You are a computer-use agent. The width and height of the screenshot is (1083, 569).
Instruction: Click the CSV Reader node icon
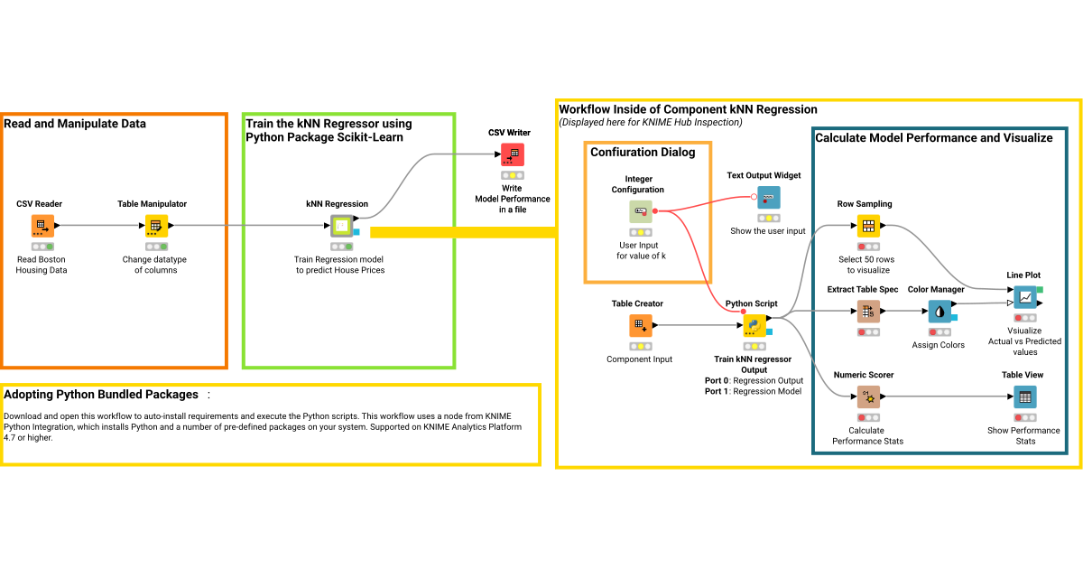[42, 226]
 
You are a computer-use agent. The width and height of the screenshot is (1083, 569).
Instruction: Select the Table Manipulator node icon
[157, 226]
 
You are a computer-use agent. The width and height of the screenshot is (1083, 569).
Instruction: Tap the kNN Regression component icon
[341, 226]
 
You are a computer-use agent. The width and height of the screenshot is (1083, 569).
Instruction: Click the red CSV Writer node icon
[513, 154]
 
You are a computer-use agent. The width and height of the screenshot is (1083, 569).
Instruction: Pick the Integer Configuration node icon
[640, 211]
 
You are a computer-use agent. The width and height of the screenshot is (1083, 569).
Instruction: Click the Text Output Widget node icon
[769, 198]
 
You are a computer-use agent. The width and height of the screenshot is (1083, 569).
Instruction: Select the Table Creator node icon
[640, 325]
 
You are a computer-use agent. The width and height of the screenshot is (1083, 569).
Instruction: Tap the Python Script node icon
[754, 325]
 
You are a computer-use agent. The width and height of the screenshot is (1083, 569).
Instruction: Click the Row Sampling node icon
[868, 226]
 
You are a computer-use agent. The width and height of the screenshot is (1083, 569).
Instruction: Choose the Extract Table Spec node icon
[868, 312]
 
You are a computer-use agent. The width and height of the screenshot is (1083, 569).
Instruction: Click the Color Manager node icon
[940, 312]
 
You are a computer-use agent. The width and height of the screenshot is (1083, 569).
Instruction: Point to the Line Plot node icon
[1025, 297]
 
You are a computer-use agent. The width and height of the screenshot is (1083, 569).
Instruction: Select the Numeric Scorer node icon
[868, 397]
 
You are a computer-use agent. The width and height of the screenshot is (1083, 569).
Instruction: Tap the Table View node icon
[1025, 397]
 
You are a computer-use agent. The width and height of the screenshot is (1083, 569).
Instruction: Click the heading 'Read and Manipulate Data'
[75, 124]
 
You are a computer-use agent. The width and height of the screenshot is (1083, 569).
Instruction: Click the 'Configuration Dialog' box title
[643, 152]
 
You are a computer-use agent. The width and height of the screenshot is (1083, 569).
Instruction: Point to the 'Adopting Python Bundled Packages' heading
[101, 395]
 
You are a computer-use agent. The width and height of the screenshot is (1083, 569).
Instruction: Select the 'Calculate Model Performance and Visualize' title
[934, 138]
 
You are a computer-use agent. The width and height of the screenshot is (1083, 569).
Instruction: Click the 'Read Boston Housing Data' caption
[42, 265]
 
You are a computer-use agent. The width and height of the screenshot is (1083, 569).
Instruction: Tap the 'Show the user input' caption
[768, 231]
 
